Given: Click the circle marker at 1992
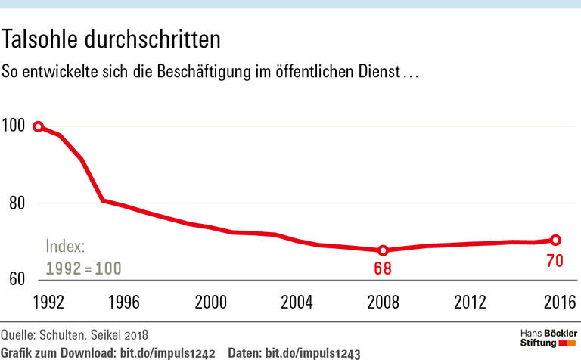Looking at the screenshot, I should (38, 126).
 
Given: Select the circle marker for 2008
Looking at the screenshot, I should (384, 250).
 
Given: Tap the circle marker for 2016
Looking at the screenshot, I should (555, 240).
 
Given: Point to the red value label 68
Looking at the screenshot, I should (384, 268).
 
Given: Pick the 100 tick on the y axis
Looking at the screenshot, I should (14, 126).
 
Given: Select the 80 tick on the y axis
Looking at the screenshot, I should (16, 203).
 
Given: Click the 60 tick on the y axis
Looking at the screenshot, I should (16, 279).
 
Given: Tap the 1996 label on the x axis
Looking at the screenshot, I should (124, 302).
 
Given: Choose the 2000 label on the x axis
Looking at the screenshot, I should (210, 302).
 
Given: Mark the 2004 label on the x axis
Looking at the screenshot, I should (297, 302).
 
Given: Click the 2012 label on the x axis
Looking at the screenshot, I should (470, 302).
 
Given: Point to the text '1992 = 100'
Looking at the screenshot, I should (84, 268).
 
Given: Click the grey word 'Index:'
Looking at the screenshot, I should (66, 247).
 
